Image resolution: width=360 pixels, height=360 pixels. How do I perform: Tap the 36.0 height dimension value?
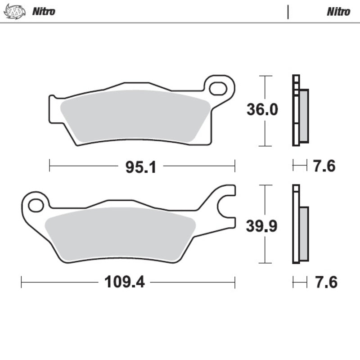(x=262, y=110)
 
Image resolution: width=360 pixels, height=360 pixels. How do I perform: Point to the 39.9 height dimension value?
(x=262, y=226)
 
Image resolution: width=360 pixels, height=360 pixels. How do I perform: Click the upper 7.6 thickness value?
(x=324, y=166)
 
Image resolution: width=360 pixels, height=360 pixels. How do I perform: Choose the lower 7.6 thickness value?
(x=324, y=283)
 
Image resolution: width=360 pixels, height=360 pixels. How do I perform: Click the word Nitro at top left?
(x=43, y=11)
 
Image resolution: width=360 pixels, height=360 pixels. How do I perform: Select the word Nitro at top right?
(x=338, y=11)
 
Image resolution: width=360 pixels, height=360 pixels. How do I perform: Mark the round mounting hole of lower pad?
(x=35, y=206)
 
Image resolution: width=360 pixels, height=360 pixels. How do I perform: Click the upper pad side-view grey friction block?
(x=304, y=115)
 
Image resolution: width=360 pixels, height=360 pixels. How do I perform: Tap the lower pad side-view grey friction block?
(x=304, y=233)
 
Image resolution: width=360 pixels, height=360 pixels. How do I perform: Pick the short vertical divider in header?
(x=288, y=12)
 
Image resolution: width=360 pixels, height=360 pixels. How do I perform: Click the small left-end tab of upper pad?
(x=52, y=98)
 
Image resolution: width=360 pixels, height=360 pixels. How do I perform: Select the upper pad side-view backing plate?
(x=296, y=110)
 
